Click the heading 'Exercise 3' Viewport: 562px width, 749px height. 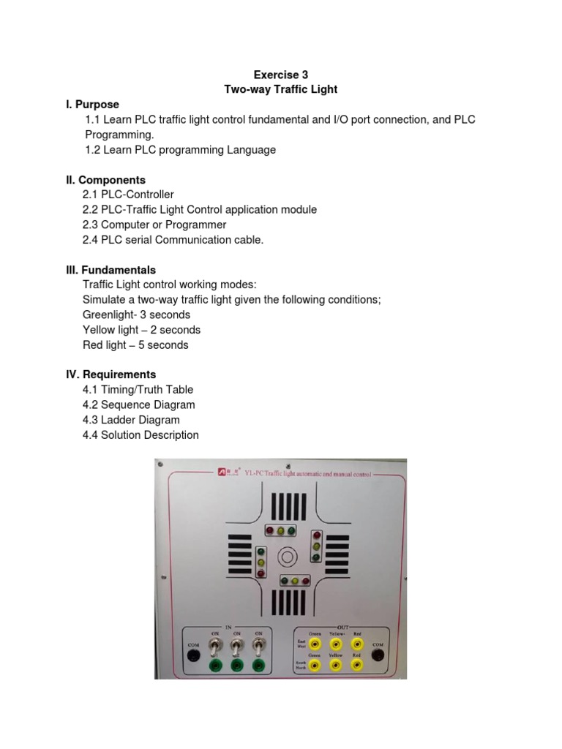(x=276, y=74)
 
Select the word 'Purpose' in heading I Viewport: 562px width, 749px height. (x=99, y=105)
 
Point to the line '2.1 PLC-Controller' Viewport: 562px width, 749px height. (x=129, y=195)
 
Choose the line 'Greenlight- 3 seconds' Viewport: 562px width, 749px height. (x=138, y=315)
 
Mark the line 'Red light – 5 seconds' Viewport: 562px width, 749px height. (x=137, y=345)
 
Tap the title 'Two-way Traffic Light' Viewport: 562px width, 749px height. (x=276, y=89)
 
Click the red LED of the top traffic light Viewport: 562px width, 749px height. (x=269, y=529)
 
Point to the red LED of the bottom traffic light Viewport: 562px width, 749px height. (x=307, y=581)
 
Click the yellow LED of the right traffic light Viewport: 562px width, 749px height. (x=316, y=546)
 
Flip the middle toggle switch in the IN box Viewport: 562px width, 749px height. (x=237, y=647)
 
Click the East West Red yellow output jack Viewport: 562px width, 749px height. (x=357, y=644)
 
